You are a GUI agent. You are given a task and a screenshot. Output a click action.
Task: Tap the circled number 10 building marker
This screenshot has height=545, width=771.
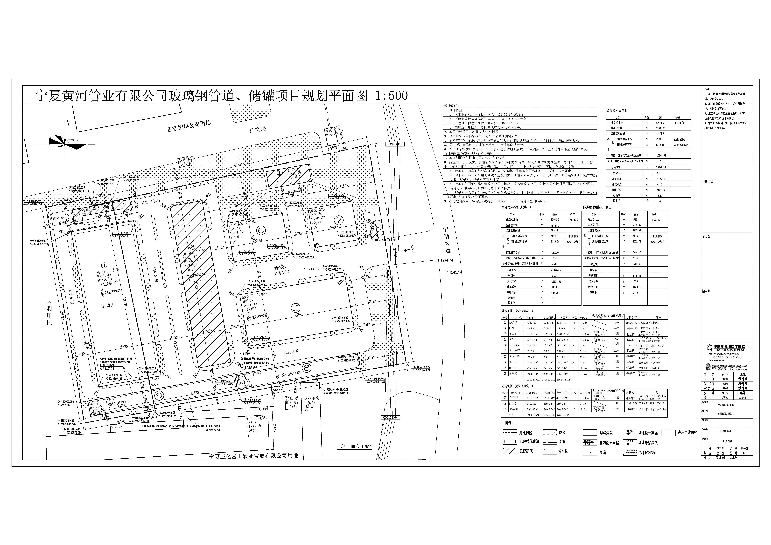(x=295, y=307)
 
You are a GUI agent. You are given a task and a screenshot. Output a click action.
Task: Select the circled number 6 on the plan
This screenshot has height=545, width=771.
(x=261, y=230)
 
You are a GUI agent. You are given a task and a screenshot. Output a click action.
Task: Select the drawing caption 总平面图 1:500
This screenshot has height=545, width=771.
(x=356, y=446)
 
